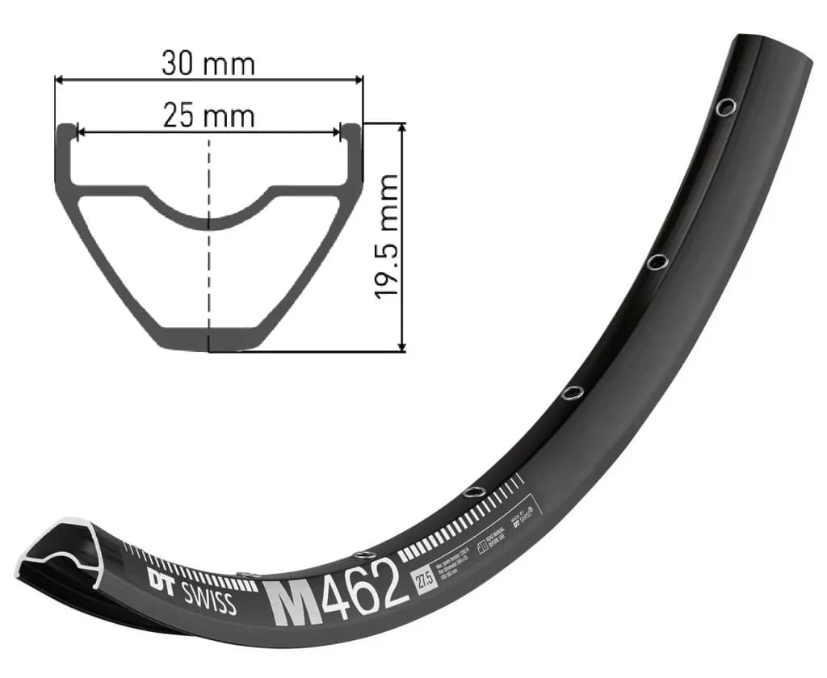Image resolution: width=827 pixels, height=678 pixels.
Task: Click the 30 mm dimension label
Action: tap(208, 63)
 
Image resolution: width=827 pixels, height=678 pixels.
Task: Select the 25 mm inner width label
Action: tap(208, 116)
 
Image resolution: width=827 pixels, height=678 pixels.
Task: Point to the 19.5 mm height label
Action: tap(388, 236)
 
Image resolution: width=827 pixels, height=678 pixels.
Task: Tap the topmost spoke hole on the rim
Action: tap(727, 107)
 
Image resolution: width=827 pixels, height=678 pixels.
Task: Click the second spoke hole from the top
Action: tap(657, 262)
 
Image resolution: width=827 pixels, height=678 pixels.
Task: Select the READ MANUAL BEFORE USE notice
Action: tap(492, 539)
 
